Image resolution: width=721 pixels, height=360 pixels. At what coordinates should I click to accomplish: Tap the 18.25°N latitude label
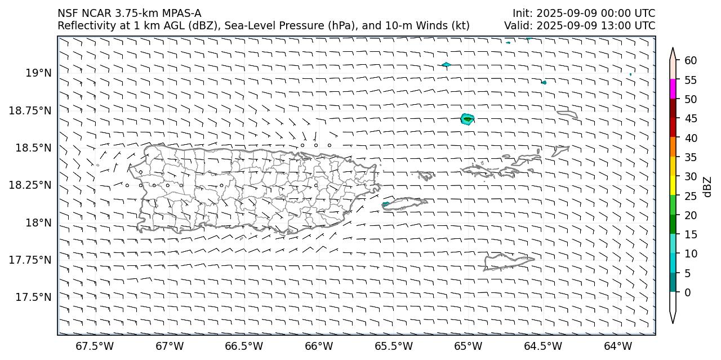point(30,185)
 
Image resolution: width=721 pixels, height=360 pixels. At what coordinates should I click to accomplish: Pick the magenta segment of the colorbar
point(673,89)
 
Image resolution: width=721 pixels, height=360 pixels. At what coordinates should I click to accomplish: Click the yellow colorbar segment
point(673,186)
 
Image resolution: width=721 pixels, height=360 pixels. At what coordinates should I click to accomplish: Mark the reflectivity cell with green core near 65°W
point(467,119)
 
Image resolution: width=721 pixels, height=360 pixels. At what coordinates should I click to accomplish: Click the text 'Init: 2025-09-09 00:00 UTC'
point(584,13)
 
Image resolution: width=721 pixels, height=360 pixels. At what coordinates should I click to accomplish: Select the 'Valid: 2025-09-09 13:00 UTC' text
point(580,25)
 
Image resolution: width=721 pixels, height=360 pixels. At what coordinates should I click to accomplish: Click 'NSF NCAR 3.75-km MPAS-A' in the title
point(129,13)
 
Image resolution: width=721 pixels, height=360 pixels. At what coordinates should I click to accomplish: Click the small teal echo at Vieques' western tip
point(385,204)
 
